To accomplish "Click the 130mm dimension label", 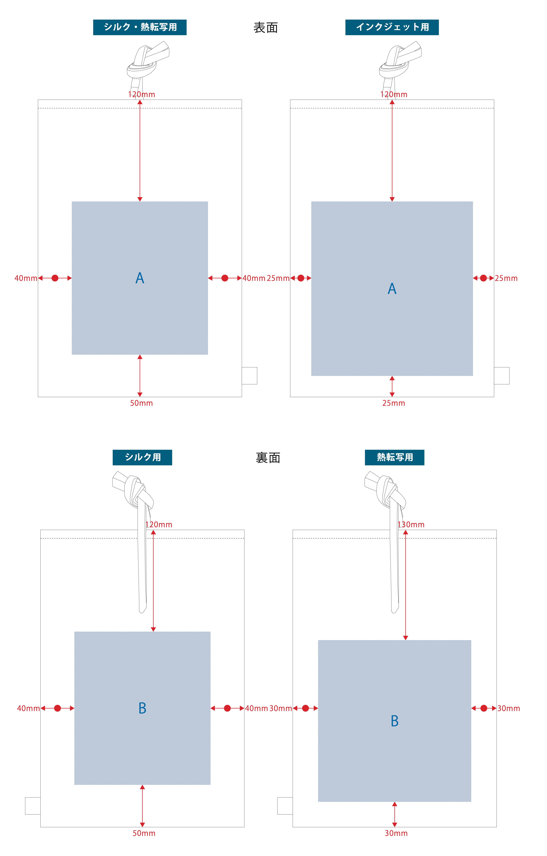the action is tap(411, 525).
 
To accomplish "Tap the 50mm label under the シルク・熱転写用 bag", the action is tap(141, 403).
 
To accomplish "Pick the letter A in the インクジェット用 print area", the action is tap(392, 289).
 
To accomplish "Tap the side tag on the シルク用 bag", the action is tap(33, 806).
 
